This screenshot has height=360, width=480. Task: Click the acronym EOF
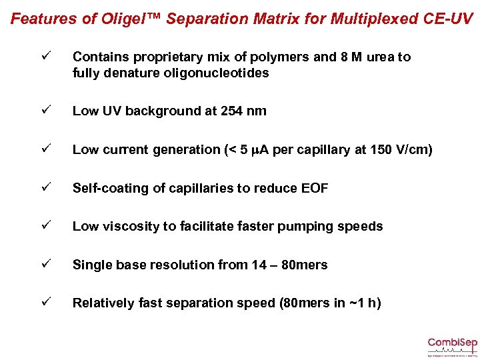[315, 189]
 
